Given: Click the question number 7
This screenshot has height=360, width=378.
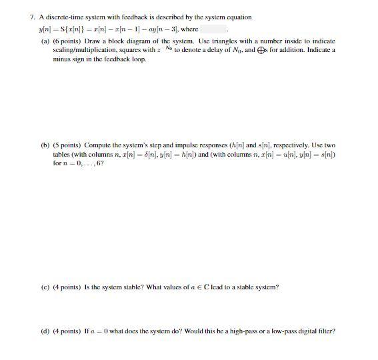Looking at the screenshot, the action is [33, 17].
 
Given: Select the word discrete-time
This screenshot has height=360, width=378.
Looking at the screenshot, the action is [61, 17].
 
